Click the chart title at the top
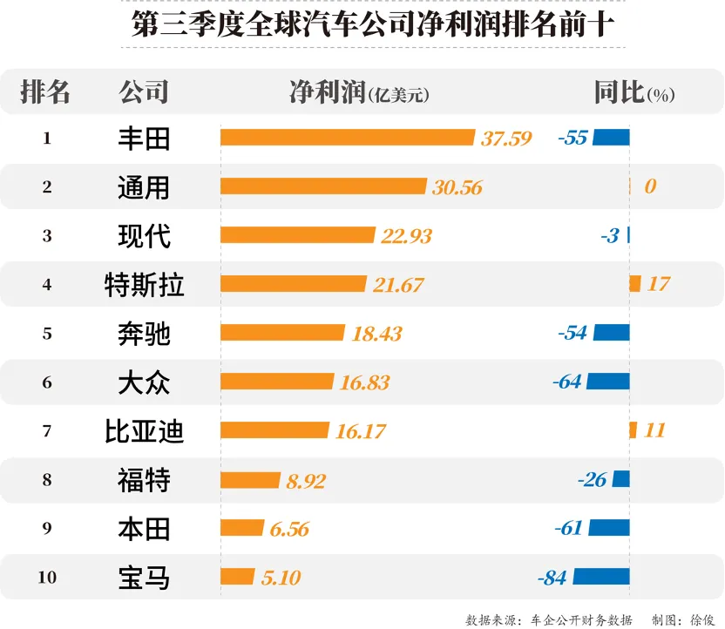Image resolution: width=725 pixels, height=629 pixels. tap(362, 24)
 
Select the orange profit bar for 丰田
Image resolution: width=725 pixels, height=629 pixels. tap(348, 138)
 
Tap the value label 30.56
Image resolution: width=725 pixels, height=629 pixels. tap(457, 187)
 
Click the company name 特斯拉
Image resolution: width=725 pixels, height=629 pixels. tap(144, 284)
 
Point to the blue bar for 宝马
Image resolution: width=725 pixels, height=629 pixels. tap(600, 577)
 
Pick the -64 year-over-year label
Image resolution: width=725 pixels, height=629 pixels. tap(567, 382)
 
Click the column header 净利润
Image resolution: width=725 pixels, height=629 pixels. tap(328, 92)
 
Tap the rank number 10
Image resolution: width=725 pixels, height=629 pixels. tap(47, 577)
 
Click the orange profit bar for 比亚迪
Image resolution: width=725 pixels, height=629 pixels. tap(274, 430)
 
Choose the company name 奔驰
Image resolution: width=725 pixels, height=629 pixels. tap(144, 333)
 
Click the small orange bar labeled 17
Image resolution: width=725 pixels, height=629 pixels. tap(634, 284)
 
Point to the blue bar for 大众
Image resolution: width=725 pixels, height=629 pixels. tap(607, 382)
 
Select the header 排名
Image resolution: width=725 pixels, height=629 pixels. tap(45, 92)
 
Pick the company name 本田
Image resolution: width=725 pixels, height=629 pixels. tap(144, 528)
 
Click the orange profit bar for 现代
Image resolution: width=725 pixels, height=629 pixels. tap(298, 235)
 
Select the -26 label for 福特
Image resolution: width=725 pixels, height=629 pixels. tap(592, 479)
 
